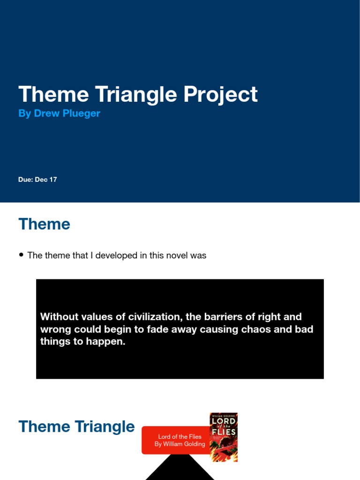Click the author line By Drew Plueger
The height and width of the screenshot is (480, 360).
click(59, 114)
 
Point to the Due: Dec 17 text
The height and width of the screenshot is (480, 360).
click(37, 180)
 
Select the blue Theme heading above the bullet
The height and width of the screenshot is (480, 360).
click(44, 224)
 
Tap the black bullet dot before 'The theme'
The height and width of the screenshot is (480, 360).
click(21, 255)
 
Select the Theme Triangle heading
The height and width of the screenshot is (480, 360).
click(76, 427)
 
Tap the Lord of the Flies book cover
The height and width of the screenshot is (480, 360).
click(223, 437)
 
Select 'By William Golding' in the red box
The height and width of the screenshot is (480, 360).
click(180, 444)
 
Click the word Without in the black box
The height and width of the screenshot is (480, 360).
click(59, 317)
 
